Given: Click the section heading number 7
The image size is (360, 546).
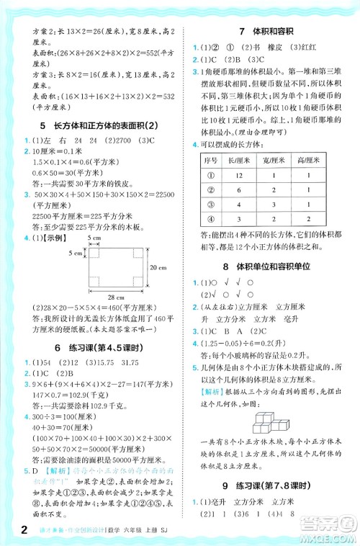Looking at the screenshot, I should (240, 32).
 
